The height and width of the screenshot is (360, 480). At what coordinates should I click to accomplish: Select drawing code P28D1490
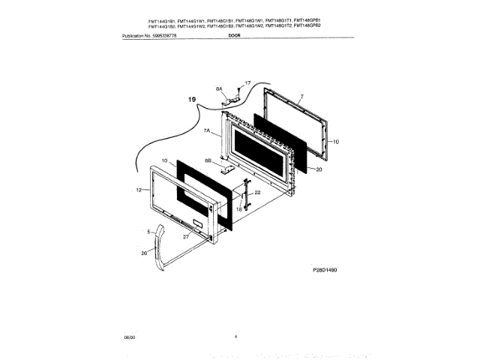[x=325, y=268]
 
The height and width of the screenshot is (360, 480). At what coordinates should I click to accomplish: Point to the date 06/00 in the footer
[x=128, y=337]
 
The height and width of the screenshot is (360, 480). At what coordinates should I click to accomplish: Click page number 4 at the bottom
[x=235, y=337]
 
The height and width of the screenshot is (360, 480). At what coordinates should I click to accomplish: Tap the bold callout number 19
[x=192, y=99]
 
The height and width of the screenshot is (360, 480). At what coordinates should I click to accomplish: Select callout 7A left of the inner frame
[x=207, y=130]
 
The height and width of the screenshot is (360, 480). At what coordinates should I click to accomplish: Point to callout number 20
[x=318, y=169]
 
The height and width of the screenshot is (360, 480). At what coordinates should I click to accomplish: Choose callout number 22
[x=257, y=192]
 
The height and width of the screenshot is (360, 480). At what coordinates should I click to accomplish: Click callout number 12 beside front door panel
[x=139, y=190]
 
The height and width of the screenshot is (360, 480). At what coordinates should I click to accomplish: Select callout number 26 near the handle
[x=145, y=253]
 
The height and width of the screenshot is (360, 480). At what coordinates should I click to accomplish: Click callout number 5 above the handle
[x=148, y=232]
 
